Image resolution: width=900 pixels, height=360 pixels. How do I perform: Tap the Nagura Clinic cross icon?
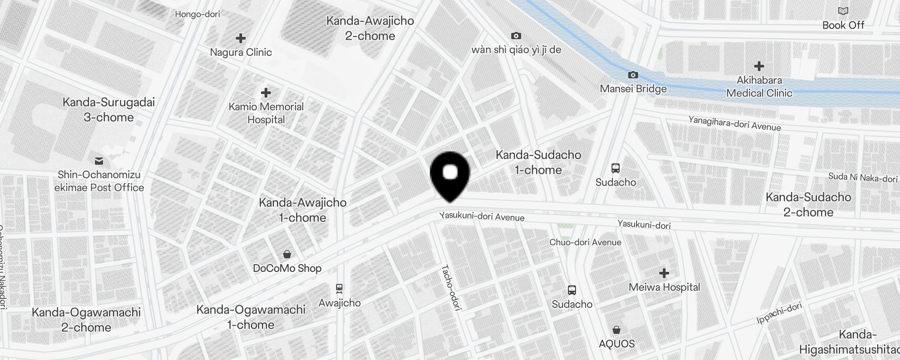pos(241,38)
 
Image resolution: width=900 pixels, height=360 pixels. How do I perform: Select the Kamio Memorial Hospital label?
pos(266,113)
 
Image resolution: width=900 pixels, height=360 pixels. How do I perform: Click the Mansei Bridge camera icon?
pos(633,75)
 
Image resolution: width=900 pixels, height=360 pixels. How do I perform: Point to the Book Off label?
pos(843,25)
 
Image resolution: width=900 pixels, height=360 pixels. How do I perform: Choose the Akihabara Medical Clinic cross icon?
pos(759,66)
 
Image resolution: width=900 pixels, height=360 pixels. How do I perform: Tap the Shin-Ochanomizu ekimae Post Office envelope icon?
pos(99,161)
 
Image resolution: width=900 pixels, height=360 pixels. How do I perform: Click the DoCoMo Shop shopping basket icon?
pos(287,255)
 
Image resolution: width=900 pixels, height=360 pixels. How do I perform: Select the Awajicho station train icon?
pos(339,288)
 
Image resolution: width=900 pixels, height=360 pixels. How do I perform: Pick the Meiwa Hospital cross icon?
pos(664,273)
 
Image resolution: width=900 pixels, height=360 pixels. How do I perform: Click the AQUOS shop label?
pos(616,344)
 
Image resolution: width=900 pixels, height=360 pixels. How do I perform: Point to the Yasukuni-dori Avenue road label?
pos(481,217)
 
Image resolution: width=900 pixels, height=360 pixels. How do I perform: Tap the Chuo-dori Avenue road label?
pos(585,242)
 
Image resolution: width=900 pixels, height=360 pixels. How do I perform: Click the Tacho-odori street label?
pos(451,288)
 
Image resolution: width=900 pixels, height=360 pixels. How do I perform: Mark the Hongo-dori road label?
pos(198,14)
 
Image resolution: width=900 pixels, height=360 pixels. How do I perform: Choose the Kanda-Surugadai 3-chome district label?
pos(108,109)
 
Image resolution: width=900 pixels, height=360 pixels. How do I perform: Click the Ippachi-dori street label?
pos(779,313)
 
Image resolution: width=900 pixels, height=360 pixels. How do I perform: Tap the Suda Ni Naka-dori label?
pos(863,178)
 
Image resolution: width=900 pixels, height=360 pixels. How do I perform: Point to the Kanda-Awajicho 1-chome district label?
pos(302,210)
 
